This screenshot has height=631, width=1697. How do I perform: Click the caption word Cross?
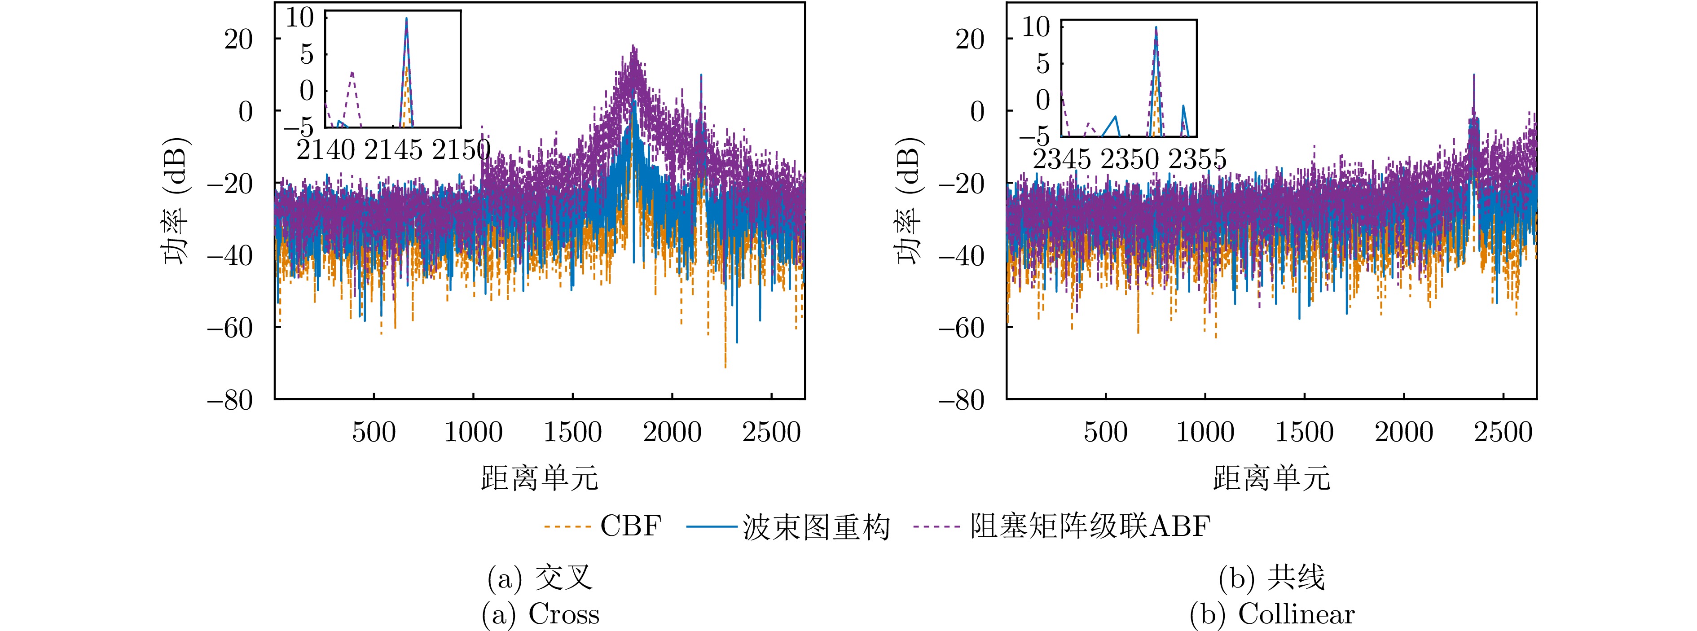click(563, 614)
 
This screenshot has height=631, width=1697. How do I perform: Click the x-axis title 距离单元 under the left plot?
click(540, 478)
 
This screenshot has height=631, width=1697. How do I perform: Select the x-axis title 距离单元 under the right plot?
click(1271, 478)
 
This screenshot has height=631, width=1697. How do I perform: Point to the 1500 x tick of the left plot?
click(572, 433)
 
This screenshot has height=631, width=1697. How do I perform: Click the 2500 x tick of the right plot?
click(1504, 433)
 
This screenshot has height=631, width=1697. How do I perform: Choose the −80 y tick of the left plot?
click(230, 400)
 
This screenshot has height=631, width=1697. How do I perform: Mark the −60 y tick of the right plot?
click(962, 327)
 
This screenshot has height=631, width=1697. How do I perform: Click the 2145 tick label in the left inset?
click(393, 150)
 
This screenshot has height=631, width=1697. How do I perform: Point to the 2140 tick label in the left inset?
click(325, 150)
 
